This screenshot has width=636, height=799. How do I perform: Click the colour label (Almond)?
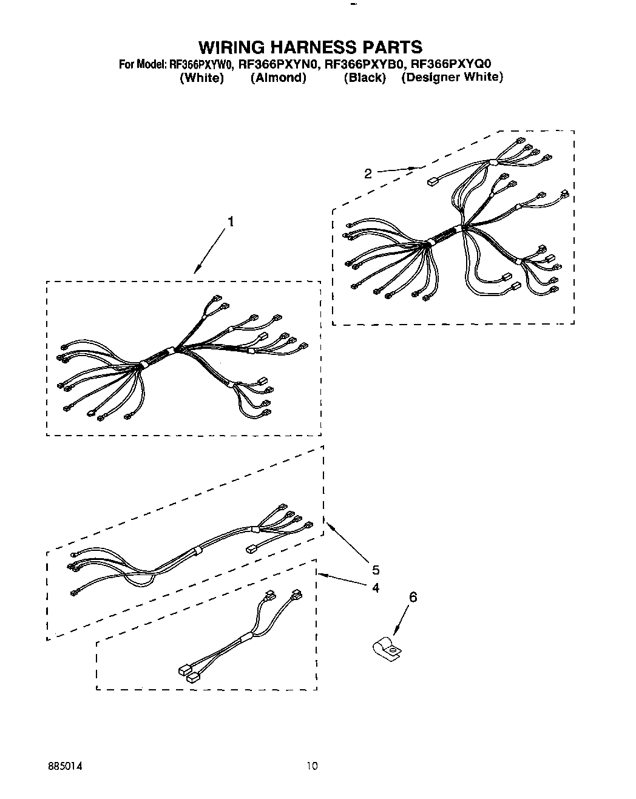point(278,78)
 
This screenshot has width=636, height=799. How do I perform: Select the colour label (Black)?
point(365,78)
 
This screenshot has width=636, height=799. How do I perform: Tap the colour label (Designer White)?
point(452,78)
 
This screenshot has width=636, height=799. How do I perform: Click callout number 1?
point(230,222)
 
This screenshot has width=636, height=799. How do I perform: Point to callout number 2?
point(368,174)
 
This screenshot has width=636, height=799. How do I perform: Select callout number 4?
point(376,587)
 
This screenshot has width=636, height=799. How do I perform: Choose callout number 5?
point(376,570)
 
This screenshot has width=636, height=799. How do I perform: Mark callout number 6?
point(413,598)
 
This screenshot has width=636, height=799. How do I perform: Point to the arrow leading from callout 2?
point(397,169)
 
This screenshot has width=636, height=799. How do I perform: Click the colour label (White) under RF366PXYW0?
point(202,78)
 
